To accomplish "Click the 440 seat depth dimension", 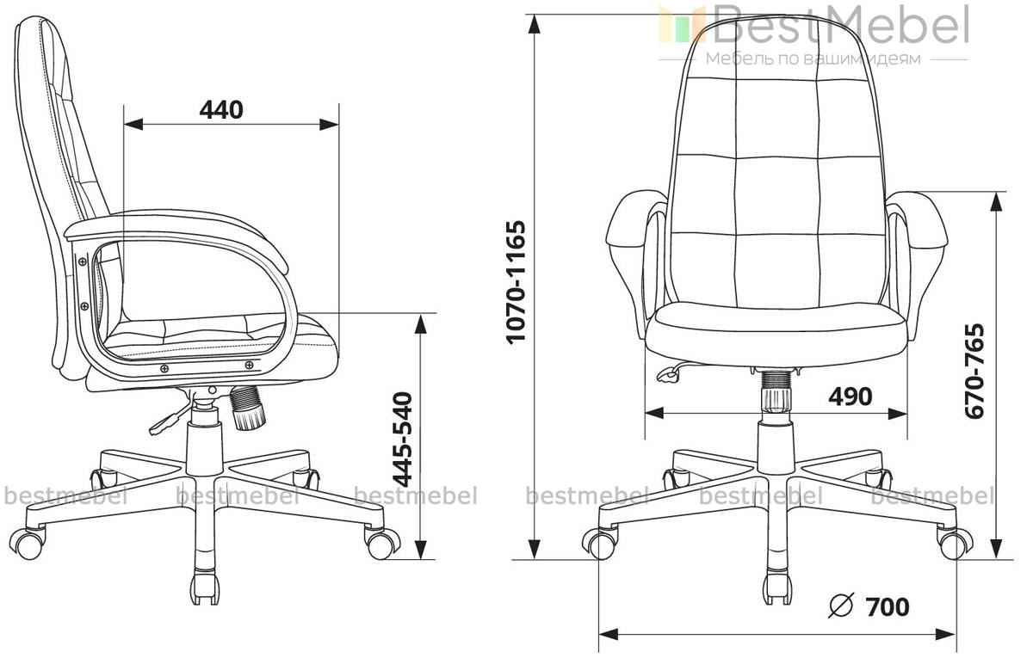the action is [221, 110].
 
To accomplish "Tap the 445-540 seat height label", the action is [402, 440].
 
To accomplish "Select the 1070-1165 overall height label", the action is [516, 282].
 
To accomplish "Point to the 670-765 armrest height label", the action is [974, 371].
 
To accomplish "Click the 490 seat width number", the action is [851, 397].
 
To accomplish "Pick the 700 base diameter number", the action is [888, 607].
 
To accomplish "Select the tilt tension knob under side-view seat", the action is [248, 408].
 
